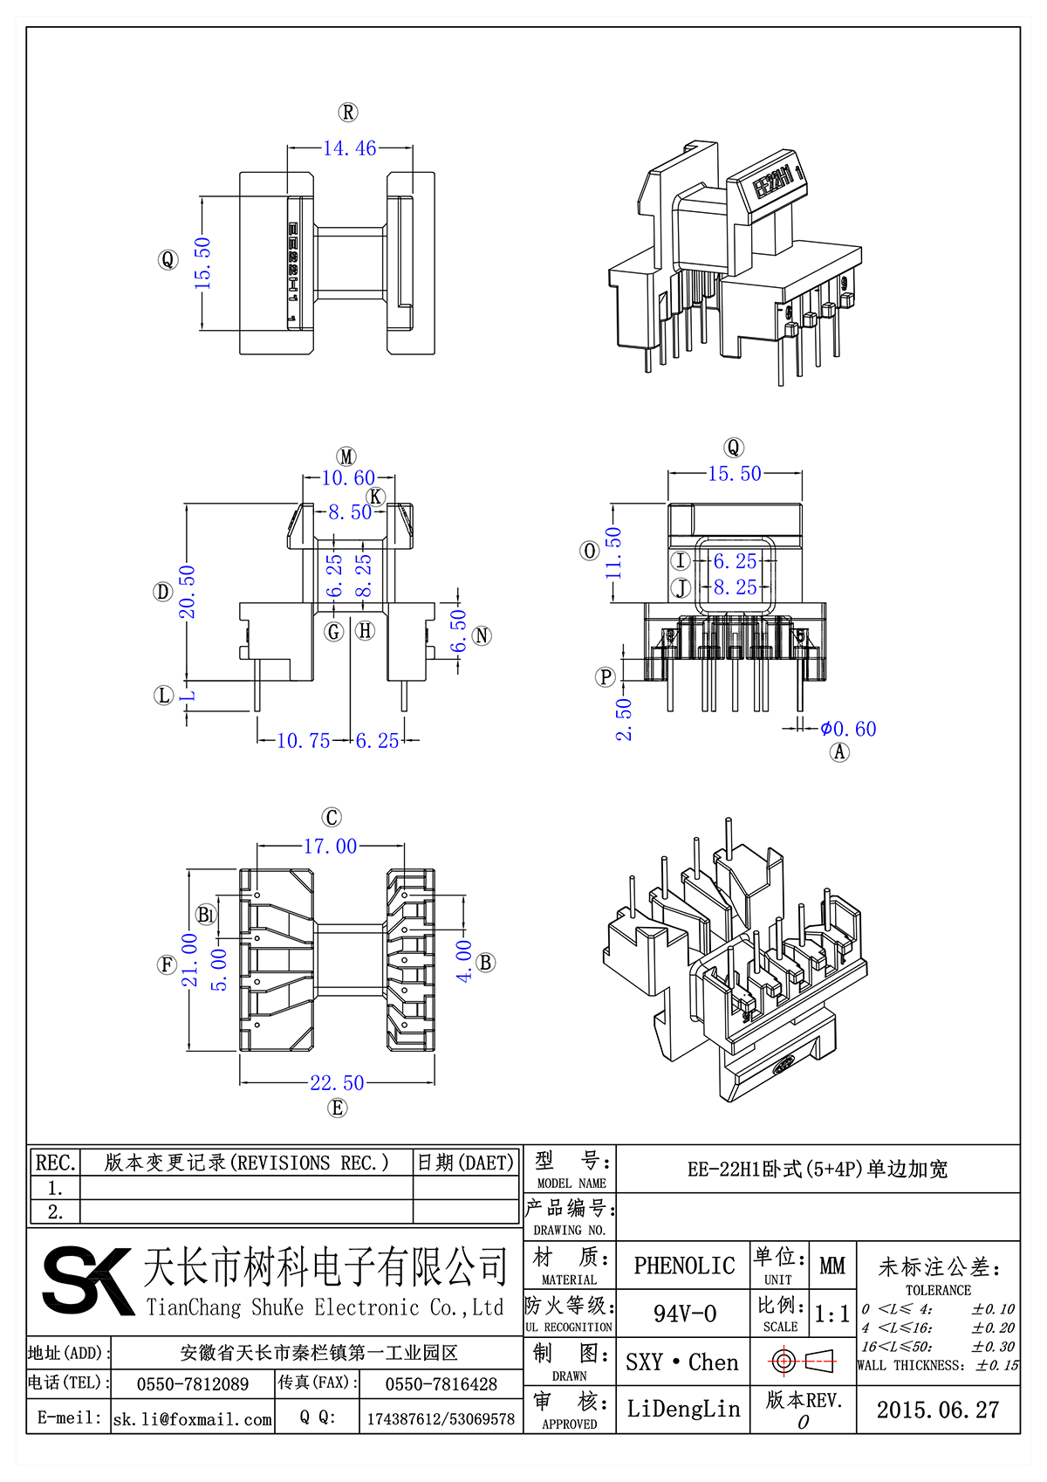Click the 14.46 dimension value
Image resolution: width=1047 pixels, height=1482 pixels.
[350, 148]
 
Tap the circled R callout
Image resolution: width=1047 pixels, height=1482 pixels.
[348, 113]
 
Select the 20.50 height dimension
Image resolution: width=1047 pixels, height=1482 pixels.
[188, 592]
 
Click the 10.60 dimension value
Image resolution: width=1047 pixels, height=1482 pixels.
[348, 478]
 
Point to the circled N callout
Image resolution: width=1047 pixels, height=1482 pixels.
[482, 636]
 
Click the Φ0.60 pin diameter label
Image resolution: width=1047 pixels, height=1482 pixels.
[848, 729]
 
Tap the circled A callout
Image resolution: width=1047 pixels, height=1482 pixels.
[839, 752]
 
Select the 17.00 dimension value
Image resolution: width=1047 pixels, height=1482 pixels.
[330, 847]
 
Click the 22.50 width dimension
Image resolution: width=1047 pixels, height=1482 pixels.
[337, 1083]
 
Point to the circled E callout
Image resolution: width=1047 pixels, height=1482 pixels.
[337, 1108]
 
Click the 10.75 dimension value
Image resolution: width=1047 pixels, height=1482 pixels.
[303, 741]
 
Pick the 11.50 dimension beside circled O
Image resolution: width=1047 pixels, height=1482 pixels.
[614, 552]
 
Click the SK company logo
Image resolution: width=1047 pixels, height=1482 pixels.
[87, 1280]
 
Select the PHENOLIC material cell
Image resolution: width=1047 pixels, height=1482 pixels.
[684, 1266]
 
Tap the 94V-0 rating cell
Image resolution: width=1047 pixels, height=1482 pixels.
[684, 1314]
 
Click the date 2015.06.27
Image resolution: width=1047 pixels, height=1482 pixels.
[937, 1410]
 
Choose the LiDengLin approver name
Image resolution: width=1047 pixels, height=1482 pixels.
[683, 1409]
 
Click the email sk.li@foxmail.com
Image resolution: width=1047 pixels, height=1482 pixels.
[192, 1419]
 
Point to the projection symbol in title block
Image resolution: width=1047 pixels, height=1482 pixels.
[803, 1361]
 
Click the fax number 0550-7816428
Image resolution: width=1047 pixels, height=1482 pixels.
[441, 1384]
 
